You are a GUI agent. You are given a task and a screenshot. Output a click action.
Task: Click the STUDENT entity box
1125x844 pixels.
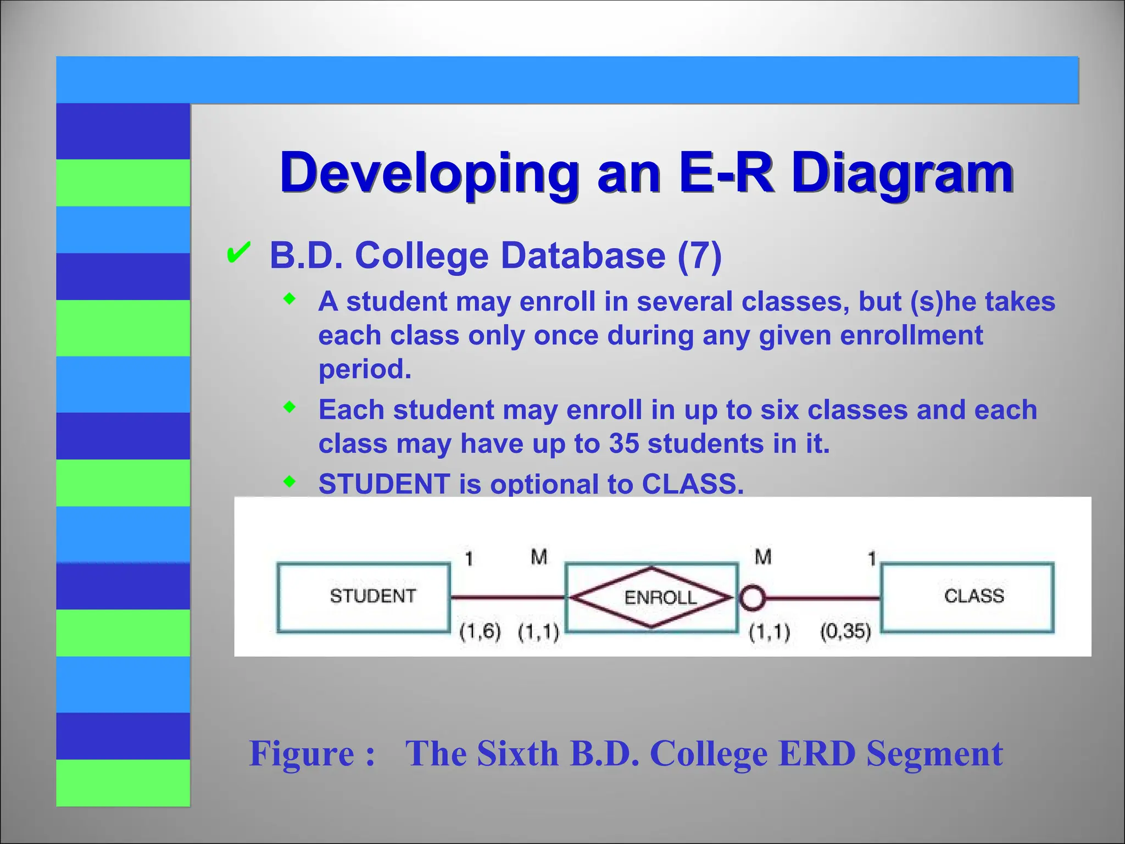363,597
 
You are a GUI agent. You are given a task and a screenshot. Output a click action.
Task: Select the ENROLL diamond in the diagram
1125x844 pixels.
651,597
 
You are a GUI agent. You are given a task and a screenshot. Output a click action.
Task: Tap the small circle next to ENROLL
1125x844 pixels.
751,597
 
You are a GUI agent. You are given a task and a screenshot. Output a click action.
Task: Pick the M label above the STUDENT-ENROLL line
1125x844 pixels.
539,557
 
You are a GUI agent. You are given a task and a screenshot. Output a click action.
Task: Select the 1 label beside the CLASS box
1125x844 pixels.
871,559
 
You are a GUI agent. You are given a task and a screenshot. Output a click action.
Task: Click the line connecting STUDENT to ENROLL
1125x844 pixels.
506,597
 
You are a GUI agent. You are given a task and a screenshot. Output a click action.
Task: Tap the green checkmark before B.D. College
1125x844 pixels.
238,254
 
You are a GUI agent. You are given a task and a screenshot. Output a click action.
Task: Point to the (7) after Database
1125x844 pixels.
699,256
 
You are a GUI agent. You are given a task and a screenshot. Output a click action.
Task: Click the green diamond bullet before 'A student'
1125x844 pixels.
289,299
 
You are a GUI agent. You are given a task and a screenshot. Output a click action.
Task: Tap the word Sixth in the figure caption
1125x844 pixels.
517,753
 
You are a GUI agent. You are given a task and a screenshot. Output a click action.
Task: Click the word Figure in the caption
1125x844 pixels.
302,753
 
